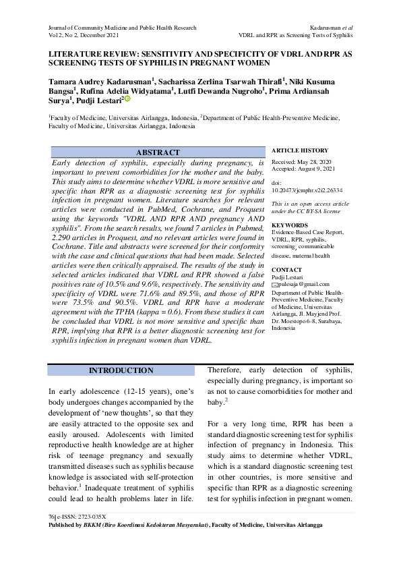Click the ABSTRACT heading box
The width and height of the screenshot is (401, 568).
coord(158,152)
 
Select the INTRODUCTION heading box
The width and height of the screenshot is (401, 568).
coord(121,370)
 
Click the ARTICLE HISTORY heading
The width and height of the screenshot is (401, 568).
coord(300,150)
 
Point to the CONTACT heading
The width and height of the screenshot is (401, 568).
coord(286,269)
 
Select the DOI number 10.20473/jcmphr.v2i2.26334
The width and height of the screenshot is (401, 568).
coord(307,192)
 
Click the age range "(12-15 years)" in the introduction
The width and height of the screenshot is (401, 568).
coord(137,391)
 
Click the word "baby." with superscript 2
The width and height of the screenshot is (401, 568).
coord(216,402)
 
